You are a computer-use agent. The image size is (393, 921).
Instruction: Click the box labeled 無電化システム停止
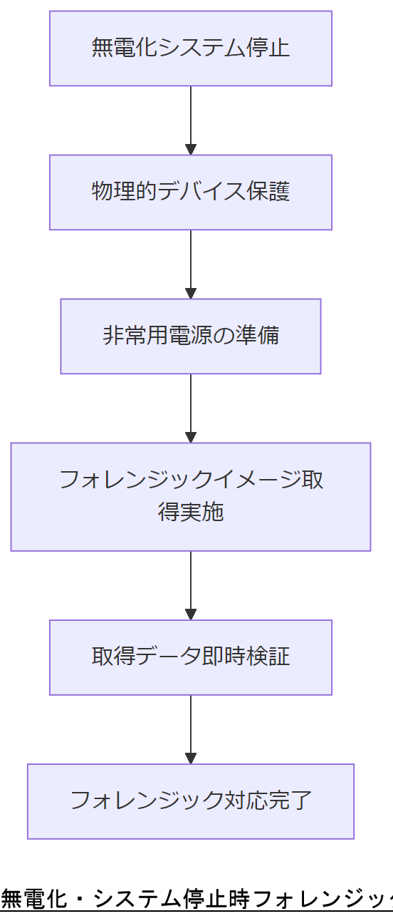(x=191, y=48)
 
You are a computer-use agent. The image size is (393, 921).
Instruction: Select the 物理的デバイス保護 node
(x=191, y=192)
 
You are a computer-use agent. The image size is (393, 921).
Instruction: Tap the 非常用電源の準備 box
(x=191, y=336)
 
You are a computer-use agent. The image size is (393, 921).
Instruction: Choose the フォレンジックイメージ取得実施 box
(x=191, y=497)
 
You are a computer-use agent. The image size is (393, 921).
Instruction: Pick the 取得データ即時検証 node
(x=191, y=657)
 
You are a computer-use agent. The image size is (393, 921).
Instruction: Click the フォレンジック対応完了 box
(x=191, y=801)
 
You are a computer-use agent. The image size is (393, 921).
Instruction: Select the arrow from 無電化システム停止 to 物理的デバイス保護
(x=191, y=120)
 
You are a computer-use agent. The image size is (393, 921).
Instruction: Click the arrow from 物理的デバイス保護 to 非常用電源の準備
(x=191, y=264)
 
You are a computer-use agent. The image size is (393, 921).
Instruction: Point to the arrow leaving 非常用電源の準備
(x=191, y=408)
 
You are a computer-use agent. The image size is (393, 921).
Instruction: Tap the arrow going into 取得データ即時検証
(x=191, y=585)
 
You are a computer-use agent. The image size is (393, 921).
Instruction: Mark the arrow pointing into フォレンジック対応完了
(x=191, y=729)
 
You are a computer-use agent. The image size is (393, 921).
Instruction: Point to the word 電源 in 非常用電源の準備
(x=192, y=336)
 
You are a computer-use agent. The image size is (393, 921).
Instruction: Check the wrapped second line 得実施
(x=191, y=513)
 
